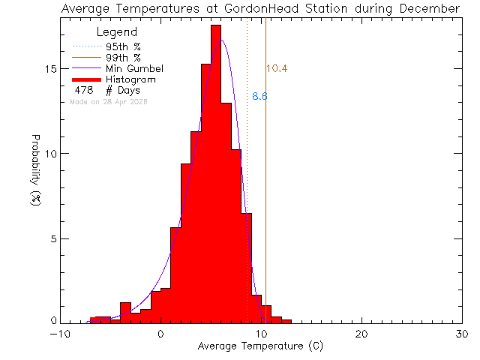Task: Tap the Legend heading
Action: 117,32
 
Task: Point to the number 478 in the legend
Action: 83,90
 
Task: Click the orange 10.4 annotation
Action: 277,69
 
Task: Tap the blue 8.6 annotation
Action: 259,97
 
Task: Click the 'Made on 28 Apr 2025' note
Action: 108,101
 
